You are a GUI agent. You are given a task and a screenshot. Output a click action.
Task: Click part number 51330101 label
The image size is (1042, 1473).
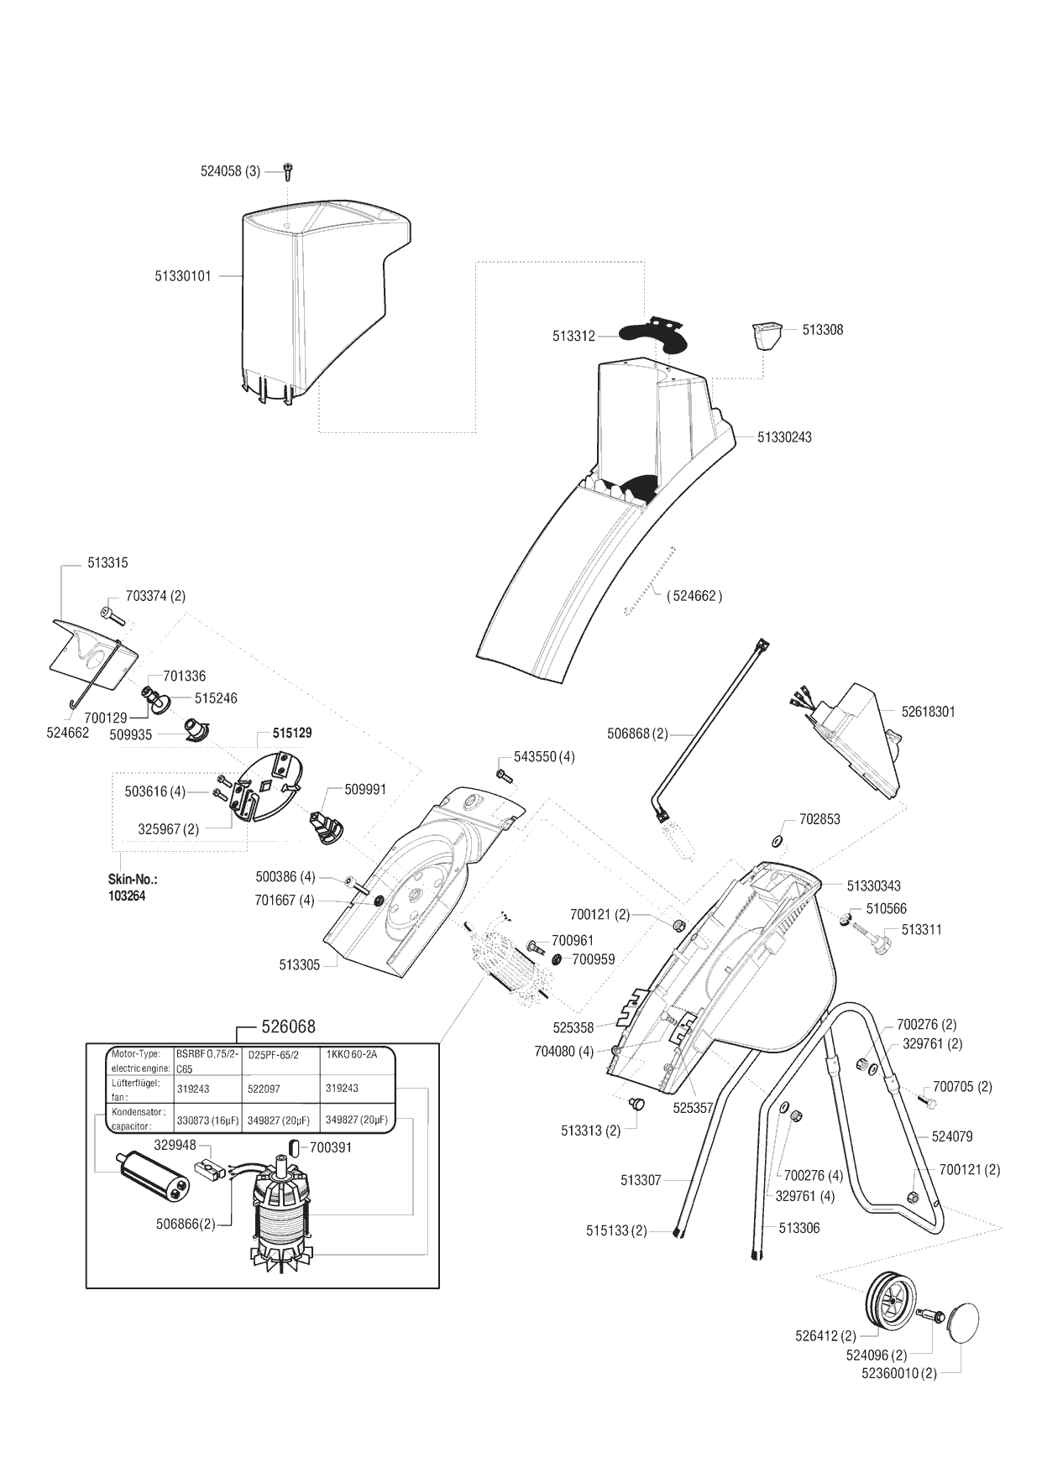point(183,275)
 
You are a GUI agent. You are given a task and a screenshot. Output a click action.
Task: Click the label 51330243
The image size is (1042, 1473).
point(784,437)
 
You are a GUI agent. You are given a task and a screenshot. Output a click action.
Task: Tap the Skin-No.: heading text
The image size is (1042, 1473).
point(133,880)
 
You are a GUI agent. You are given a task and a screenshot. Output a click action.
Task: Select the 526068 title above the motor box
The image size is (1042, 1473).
point(288,1027)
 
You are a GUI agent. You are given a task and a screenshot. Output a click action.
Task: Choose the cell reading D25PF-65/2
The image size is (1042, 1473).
point(274,1055)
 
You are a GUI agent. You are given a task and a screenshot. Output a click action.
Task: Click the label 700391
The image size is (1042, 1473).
point(331,1147)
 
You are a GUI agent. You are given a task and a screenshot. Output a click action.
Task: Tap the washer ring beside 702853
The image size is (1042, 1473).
point(777,841)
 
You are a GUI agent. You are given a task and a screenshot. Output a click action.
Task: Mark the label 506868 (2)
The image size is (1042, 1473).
point(637,734)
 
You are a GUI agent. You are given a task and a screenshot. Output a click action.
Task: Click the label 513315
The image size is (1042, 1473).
point(107,563)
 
